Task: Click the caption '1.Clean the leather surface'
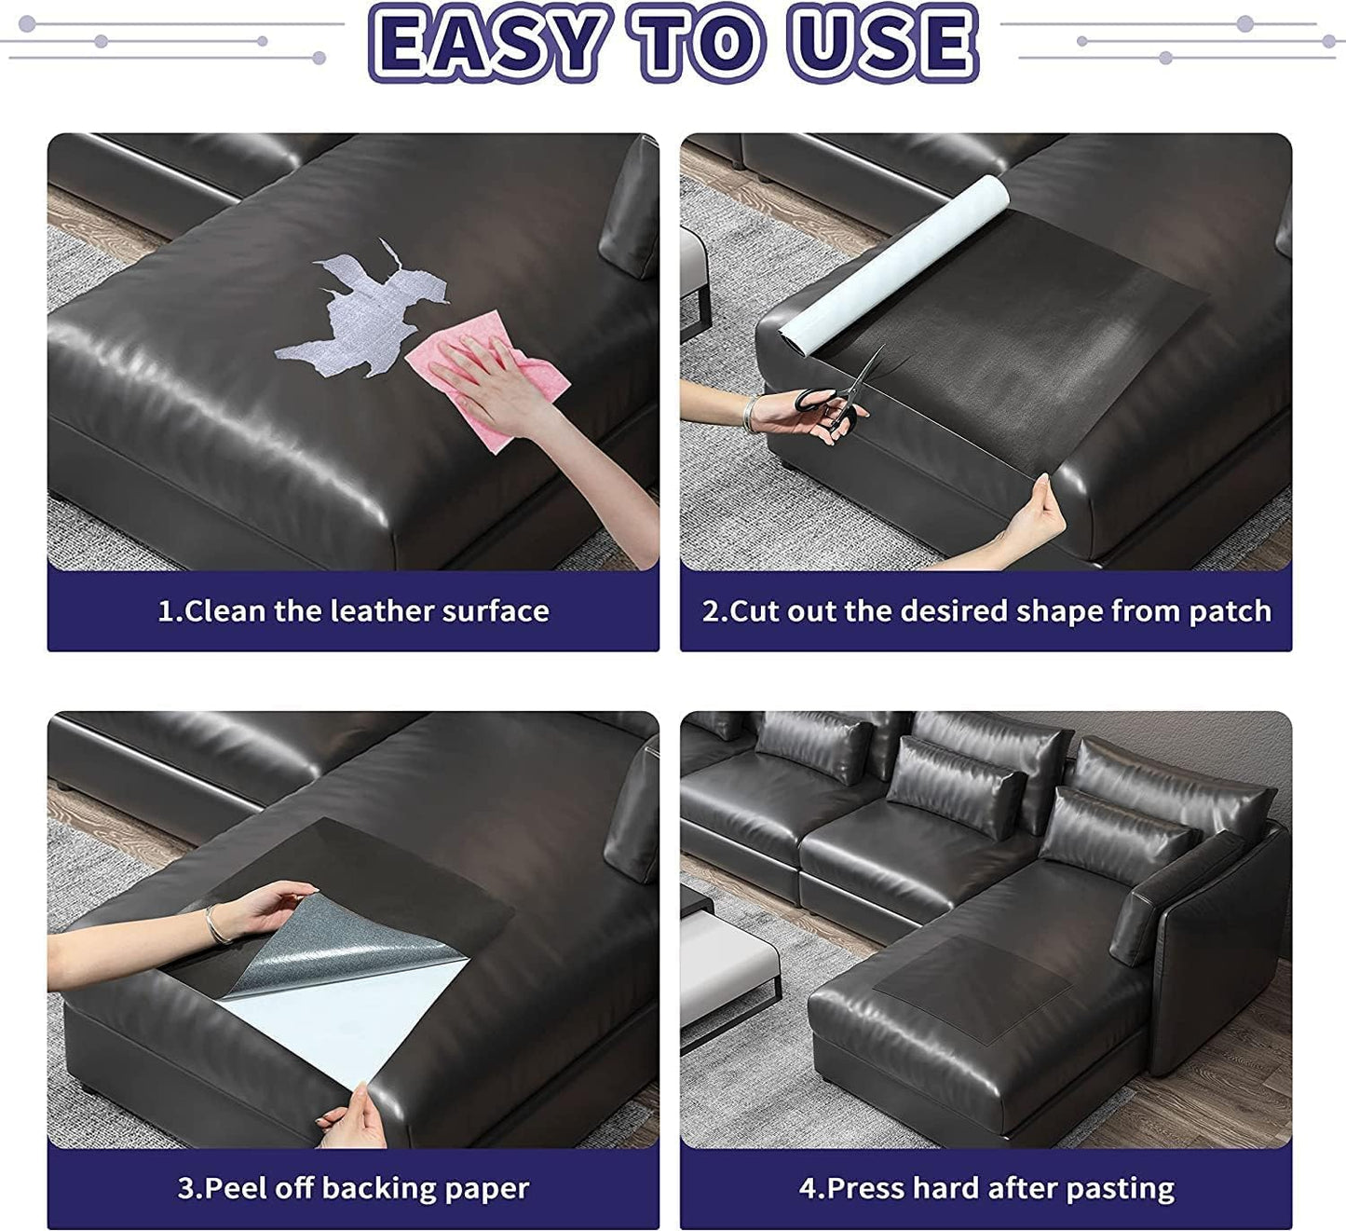(353, 611)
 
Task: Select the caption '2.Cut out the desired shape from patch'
(986, 611)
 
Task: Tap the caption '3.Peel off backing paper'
(353, 1188)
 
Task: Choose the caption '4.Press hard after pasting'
(986, 1188)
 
